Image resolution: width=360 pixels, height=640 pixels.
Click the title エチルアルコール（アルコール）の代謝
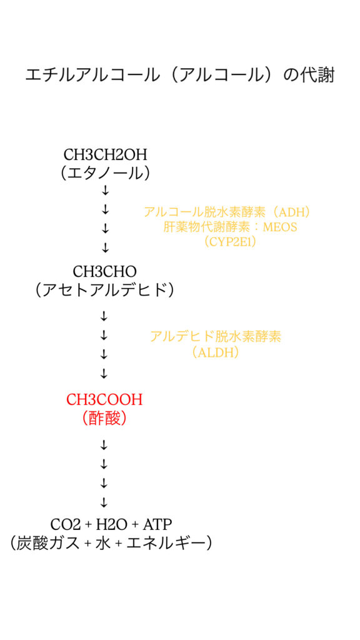179,76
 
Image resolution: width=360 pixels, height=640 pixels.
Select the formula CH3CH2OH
105,155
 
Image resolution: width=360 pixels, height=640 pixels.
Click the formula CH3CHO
104,271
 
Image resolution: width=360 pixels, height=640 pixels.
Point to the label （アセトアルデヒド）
104,290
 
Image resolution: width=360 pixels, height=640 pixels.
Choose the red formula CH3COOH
104,400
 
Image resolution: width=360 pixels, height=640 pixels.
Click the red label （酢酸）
104,419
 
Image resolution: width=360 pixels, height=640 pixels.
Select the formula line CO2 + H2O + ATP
111,523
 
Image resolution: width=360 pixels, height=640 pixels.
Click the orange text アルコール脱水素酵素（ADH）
227,212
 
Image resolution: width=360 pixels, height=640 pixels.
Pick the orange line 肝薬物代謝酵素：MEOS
230,227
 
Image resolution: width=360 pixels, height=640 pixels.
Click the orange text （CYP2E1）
230,242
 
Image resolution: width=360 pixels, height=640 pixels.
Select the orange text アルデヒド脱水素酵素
216,336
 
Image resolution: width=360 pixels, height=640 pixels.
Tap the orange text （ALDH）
216,352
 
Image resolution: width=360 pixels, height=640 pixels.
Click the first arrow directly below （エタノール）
105,190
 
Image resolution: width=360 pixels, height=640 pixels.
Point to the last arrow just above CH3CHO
105,247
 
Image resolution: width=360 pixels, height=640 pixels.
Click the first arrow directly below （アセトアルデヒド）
104,316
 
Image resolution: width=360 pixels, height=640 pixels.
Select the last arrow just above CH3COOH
104,374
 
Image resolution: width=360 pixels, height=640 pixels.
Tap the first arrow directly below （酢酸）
104,445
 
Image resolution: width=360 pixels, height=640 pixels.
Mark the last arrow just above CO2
104,502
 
